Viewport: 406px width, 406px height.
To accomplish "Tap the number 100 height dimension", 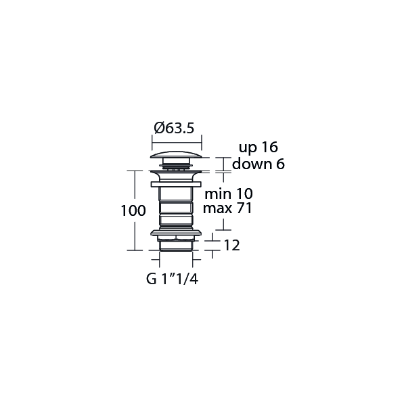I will click(133, 210).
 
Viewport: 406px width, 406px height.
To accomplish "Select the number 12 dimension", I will click(231, 246).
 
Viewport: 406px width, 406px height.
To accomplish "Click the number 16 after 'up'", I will click(269, 148).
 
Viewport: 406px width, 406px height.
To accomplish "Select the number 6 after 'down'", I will click(279, 164).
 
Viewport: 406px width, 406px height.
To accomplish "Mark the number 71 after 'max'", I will click(244, 209).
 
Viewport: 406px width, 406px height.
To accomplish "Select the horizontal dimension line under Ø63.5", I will click(176, 140).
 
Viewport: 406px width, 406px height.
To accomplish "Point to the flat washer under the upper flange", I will click(176, 183).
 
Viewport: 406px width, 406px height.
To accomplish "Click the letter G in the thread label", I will click(150, 279).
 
